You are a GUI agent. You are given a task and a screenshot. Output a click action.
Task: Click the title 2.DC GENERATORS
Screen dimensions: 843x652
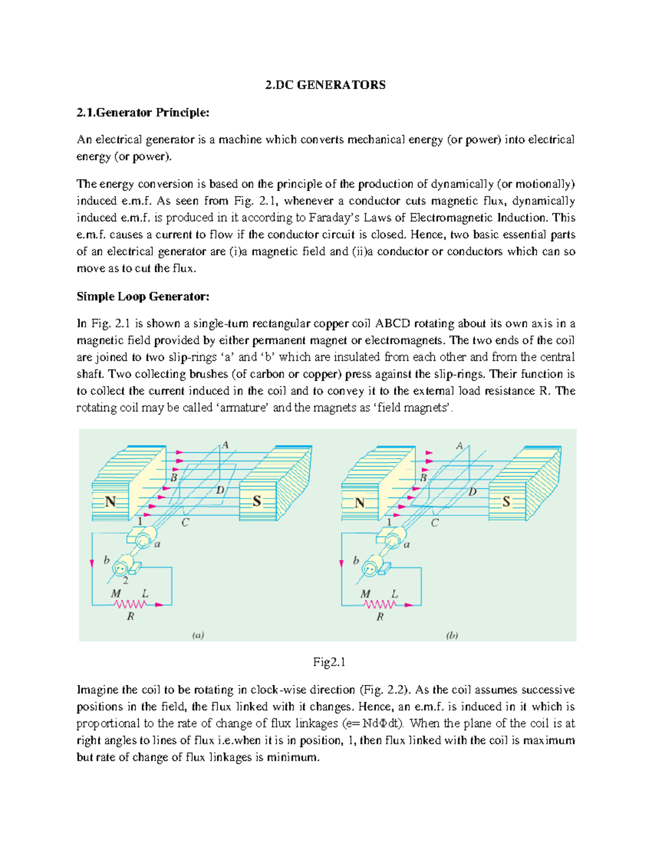tap(325, 85)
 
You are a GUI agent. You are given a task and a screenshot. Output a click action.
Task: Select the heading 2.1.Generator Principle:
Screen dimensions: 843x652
tap(142, 112)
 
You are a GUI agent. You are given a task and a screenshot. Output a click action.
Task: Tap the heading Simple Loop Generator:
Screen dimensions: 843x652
tap(142, 296)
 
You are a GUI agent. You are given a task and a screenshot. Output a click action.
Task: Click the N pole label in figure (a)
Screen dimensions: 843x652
tap(110, 502)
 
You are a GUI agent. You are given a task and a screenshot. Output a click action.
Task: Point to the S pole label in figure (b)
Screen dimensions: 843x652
tap(506, 502)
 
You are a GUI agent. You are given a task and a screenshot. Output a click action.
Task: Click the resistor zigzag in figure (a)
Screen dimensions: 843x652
tap(130, 604)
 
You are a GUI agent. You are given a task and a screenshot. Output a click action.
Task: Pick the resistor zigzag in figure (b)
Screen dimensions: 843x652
tap(379, 604)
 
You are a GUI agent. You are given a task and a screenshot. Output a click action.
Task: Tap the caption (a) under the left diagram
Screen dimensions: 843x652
tap(198, 635)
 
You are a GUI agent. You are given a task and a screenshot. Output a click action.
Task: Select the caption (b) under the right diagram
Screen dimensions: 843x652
tap(452, 635)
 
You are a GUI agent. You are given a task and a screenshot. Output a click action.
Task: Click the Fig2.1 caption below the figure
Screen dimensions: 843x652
tap(329, 662)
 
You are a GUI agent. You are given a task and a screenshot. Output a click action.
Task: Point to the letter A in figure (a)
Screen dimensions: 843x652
tap(225, 445)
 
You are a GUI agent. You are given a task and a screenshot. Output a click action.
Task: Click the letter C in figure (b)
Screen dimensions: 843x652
tap(435, 523)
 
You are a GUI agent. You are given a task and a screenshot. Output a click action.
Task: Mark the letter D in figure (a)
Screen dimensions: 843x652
tap(221, 490)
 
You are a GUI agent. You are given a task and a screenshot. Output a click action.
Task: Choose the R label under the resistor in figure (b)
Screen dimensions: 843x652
tap(380, 617)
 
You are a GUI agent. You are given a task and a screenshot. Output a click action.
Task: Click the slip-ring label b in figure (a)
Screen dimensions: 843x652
tap(106, 560)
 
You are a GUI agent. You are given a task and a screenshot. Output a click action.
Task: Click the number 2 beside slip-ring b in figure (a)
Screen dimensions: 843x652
tap(126, 580)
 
